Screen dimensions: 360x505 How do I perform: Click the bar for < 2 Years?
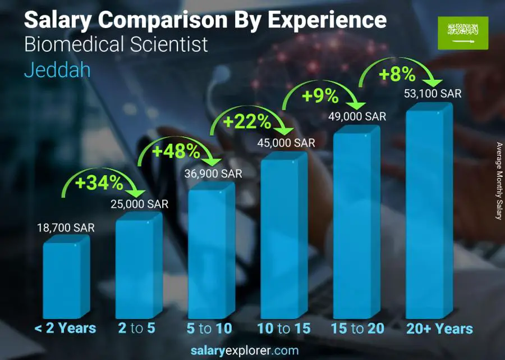[x=65, y=278]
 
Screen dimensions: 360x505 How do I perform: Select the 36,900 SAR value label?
[x=213, y=174]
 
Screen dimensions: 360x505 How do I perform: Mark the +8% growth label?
[x=397, y=74]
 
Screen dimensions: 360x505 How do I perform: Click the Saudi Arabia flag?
[x=463, y=32]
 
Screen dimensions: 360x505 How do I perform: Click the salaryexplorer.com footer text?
[x=252, y=351]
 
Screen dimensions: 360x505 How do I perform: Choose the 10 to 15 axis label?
[x=283, y=329]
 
